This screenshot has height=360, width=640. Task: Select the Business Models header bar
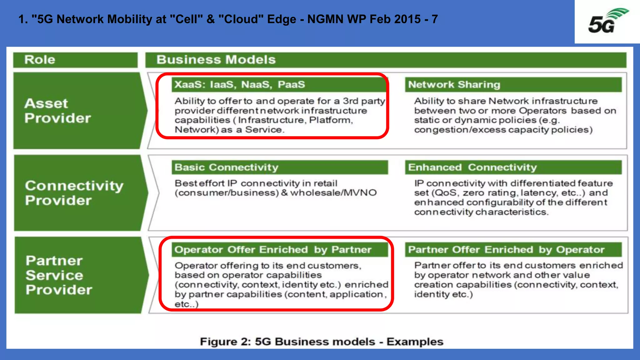click(x=386, y=60)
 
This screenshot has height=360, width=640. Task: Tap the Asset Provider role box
click(x=77, y=111)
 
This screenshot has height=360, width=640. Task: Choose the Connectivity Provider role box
click(x=77, y=193)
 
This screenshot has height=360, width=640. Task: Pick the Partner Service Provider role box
click(x=77, y=275)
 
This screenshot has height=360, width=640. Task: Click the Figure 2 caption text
click(x=321, y=342)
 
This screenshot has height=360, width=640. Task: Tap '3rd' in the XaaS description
click(x=350, y=101)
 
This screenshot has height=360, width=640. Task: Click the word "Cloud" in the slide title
click(x=241, y=19)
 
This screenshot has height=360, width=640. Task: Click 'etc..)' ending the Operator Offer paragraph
click(x=186, y=304)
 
